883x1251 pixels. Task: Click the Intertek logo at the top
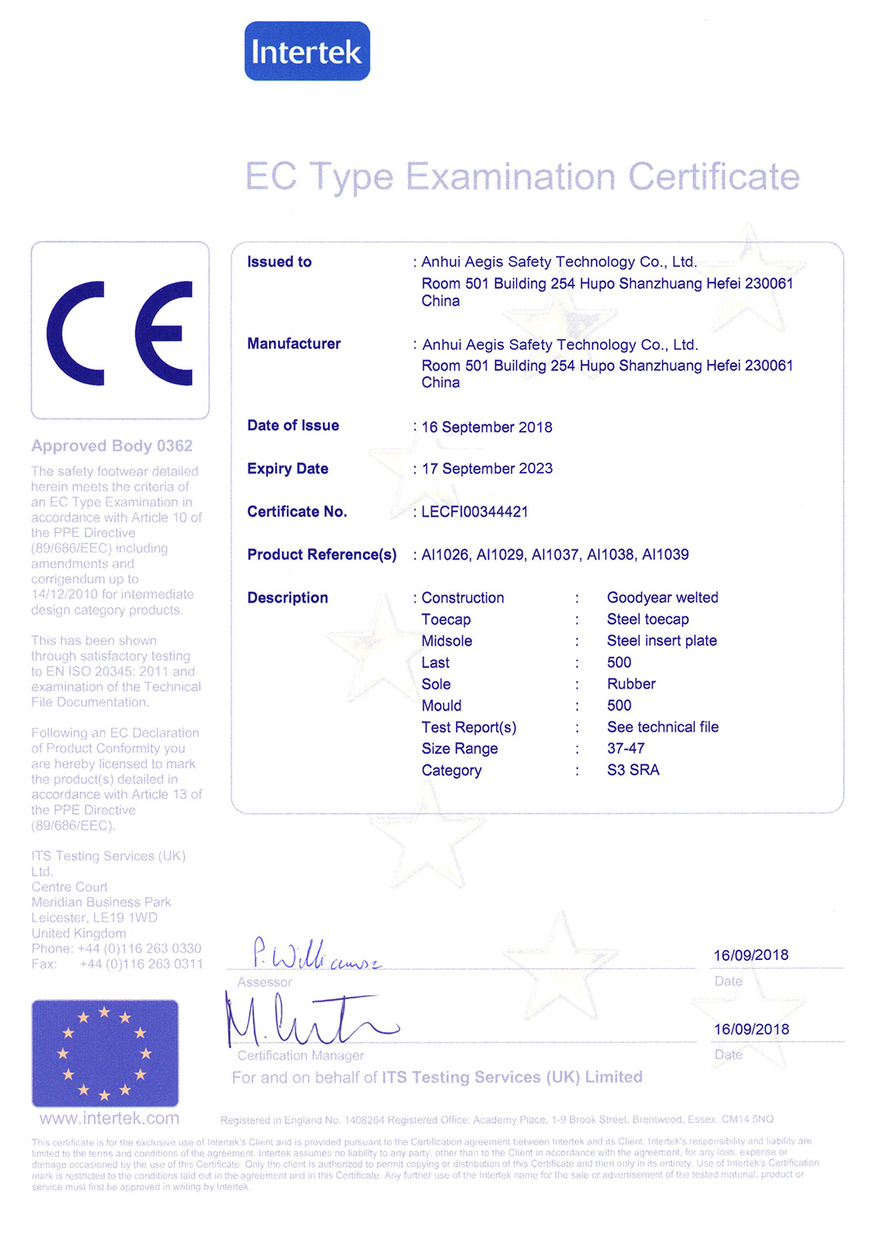pyautogui.click(x=307, y=52)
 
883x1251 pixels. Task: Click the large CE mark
pyautogui.click(x=119, y=333)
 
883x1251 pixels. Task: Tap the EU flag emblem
pyautogui.click(x=105, y=1053)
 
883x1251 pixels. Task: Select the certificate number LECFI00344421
pyautogui.click(x=474, y=512)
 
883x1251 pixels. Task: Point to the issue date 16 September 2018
pyautogui.click(x=486, y=427)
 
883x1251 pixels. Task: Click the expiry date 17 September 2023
pyautogui.click(x=486, y=469)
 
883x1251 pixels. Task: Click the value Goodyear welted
pyautogui.click(x=662, y=598)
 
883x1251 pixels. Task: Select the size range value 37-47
pyautogui.click(x=625, y=748)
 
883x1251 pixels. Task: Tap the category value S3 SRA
pyautogui.click(x=633, y=770)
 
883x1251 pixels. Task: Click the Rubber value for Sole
pyautogui.click(x=631, y=684)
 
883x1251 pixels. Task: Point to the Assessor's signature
pyautogui.click(x=315, y=954)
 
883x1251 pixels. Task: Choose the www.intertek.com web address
pyautogui.click(x=110, y=1118)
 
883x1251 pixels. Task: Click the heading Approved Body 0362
pyautogui.click(x=112, y=446)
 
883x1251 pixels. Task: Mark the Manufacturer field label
pyautogui.click(x=294, y=343)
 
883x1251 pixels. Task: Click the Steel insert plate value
pyautogui.click(x=661, y=641)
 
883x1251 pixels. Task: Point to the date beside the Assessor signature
pyautogui.click(x=751, y=955)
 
